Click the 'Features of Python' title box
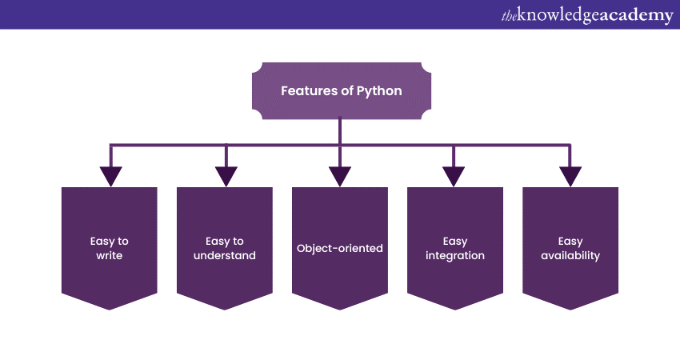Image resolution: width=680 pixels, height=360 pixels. [341, 91]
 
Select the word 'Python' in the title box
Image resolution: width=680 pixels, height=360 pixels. [380, 91]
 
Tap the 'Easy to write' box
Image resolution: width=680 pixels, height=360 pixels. [110, 248]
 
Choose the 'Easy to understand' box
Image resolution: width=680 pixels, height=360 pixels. [225, 248]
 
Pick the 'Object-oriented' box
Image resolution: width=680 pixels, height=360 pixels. [340, 248]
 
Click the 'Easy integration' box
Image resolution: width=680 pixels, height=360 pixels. [455, 248]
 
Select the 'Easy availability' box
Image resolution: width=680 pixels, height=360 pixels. [570, 248]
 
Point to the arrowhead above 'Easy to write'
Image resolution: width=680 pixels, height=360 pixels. [110, 176]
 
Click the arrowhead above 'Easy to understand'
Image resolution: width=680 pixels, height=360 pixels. [226, 176]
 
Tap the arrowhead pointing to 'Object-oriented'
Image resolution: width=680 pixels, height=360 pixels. [340, 176]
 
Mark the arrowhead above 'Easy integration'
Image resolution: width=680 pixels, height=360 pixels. [454, 176]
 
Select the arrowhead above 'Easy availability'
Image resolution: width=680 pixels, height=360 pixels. [570, 176]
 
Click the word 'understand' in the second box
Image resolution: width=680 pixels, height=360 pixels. [225, 256]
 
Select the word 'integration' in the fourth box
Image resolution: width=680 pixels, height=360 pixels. [455, 256]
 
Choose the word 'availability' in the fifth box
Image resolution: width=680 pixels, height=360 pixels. [570, 256]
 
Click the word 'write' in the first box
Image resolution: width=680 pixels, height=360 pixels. [110, 256]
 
